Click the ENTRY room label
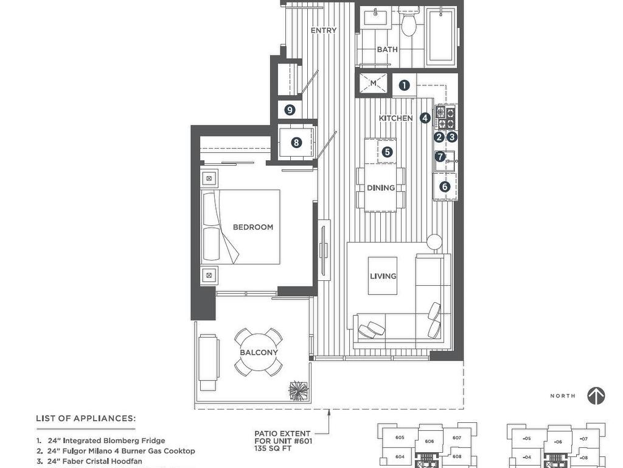[323, 30]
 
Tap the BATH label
[387, 49]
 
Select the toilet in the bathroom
[408, 23]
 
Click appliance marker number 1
[404, 86]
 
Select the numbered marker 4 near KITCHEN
[425, 118]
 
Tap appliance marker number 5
[386, 152]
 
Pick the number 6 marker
[445, 186]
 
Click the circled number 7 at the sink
[440, 157]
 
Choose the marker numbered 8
[296, 143]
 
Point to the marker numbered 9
[290, 110]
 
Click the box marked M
[374, 83]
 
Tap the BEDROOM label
[253, 227]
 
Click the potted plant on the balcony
[299, 391]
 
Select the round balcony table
[259, 353]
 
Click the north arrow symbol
[596, 395]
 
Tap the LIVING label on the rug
[383, 276]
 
